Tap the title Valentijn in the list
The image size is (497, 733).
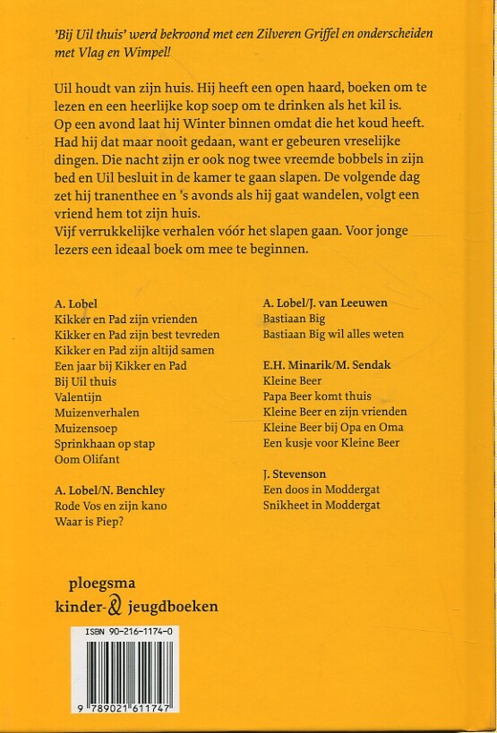click(x=81, y=397)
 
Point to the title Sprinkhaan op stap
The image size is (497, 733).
click(x=105, y=445)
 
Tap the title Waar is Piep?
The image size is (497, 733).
click(x=91, y=522)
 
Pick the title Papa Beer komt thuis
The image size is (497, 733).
click(x=317, y=396)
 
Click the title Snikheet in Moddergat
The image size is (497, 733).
click(x=321, y=505)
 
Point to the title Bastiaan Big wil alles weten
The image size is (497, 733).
click(x=333, y=334)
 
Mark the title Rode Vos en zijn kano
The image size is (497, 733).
click(x=111, y=507)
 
